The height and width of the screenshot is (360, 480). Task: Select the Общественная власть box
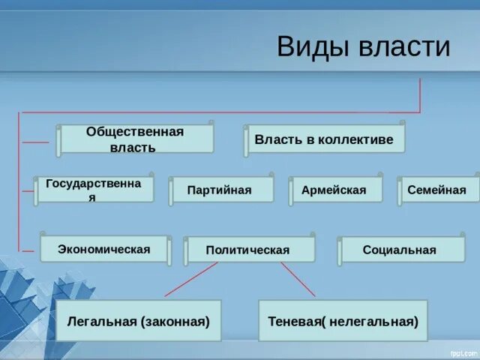tap(135, 139)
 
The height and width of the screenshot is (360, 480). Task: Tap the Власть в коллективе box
tap(324, 139)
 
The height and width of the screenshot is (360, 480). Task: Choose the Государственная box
tap(94, 190)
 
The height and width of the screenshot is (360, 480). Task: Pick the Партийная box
tap(220, 190)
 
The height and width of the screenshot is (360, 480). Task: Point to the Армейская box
tap(334, 190)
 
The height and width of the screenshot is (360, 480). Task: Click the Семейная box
tap(436, 190)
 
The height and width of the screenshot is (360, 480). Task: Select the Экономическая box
tap(104, 249)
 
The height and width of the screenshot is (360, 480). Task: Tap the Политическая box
tap(248, 250)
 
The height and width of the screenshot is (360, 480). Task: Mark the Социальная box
tap(399, 250)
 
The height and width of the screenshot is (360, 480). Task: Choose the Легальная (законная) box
tap(138, 321)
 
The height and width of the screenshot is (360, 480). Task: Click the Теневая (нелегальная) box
tap(343, 321)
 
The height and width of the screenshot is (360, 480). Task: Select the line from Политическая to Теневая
tap(298, 280)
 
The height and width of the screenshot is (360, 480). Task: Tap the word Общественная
tap(135, 131)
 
